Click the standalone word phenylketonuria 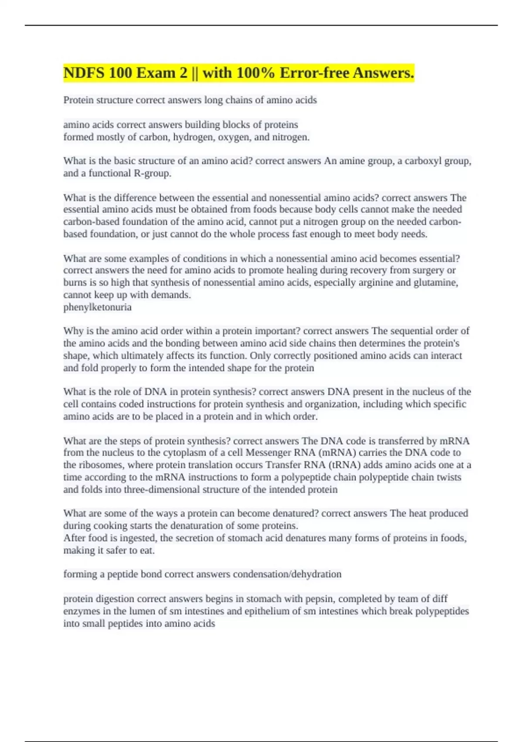(97, 307)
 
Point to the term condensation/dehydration (287, 574)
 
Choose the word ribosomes (100, 465)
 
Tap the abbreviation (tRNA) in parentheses (347, 465)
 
